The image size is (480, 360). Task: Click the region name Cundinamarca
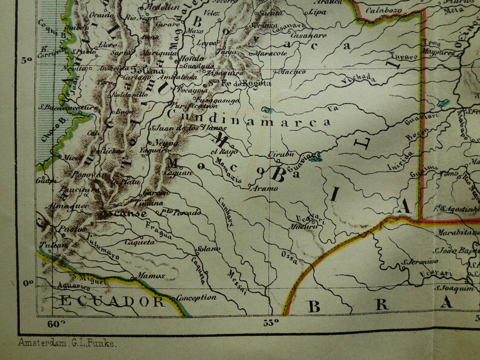pyautogui.click(x=250, y=121)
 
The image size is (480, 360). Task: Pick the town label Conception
pyautogui.click(x=196, y=297)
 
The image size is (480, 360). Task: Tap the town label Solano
pyautogui.click(x=203, y=249)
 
